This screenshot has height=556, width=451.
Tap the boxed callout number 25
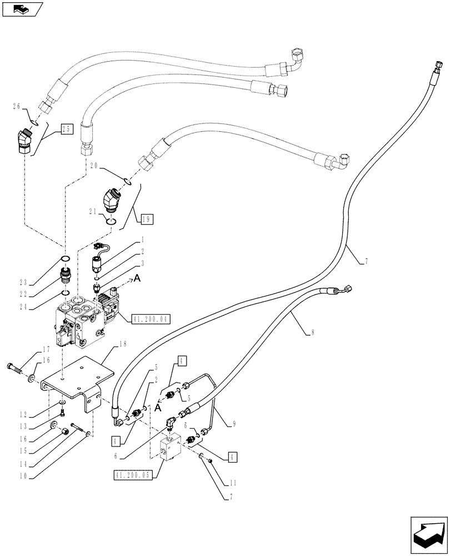point(67,130)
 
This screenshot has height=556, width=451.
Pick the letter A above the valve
point(137,280)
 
